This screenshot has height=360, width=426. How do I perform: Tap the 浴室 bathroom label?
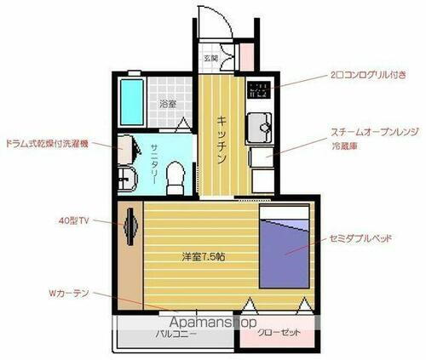168,106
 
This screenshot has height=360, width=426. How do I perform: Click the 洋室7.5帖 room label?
201,254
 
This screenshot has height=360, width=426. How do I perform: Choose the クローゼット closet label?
278,334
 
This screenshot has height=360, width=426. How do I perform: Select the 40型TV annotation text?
74,220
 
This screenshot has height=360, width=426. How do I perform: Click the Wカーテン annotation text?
67,293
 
